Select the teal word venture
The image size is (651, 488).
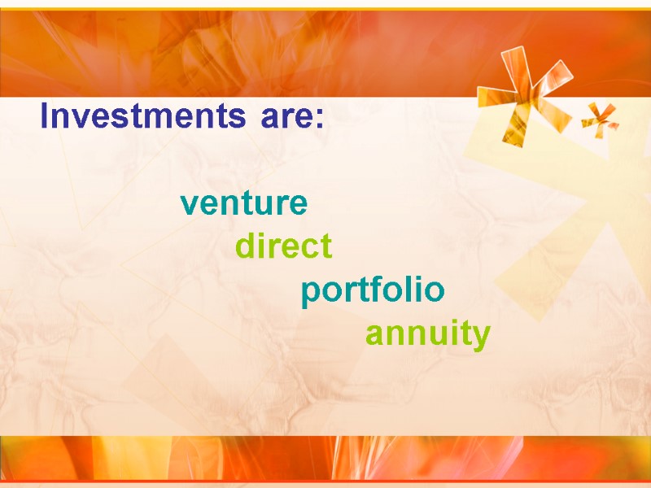coord(244,203)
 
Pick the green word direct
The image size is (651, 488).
coord(283,246)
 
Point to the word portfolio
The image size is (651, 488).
coord(373,290)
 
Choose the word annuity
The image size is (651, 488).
coord(427,334)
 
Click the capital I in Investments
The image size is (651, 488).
coord(45,118)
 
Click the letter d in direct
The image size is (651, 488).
coord(245,246)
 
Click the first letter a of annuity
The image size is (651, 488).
coord(374,335)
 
